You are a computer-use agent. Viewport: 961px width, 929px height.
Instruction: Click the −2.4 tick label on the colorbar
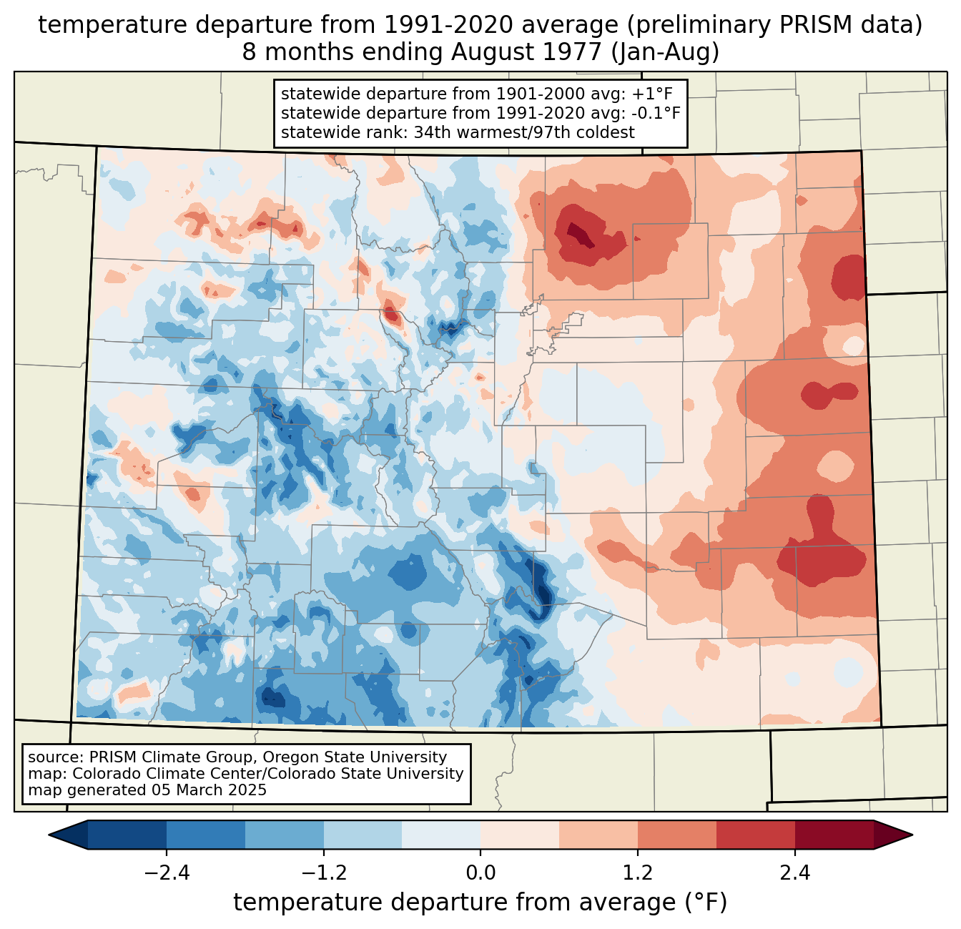(167, 873)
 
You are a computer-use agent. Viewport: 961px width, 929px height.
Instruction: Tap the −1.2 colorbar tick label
(323, 873)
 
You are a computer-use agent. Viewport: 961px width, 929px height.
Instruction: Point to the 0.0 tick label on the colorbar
(480, 873)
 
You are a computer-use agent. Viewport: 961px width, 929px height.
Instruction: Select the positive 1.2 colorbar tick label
(638, 873)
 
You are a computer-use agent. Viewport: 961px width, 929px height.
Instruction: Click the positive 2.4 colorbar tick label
(794, 873)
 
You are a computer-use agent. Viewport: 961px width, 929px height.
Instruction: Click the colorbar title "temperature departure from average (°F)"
(480, 903)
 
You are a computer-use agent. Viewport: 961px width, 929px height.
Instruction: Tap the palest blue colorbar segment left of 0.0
(441, 835)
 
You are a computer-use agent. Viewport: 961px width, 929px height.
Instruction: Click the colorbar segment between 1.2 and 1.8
(676, 835)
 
